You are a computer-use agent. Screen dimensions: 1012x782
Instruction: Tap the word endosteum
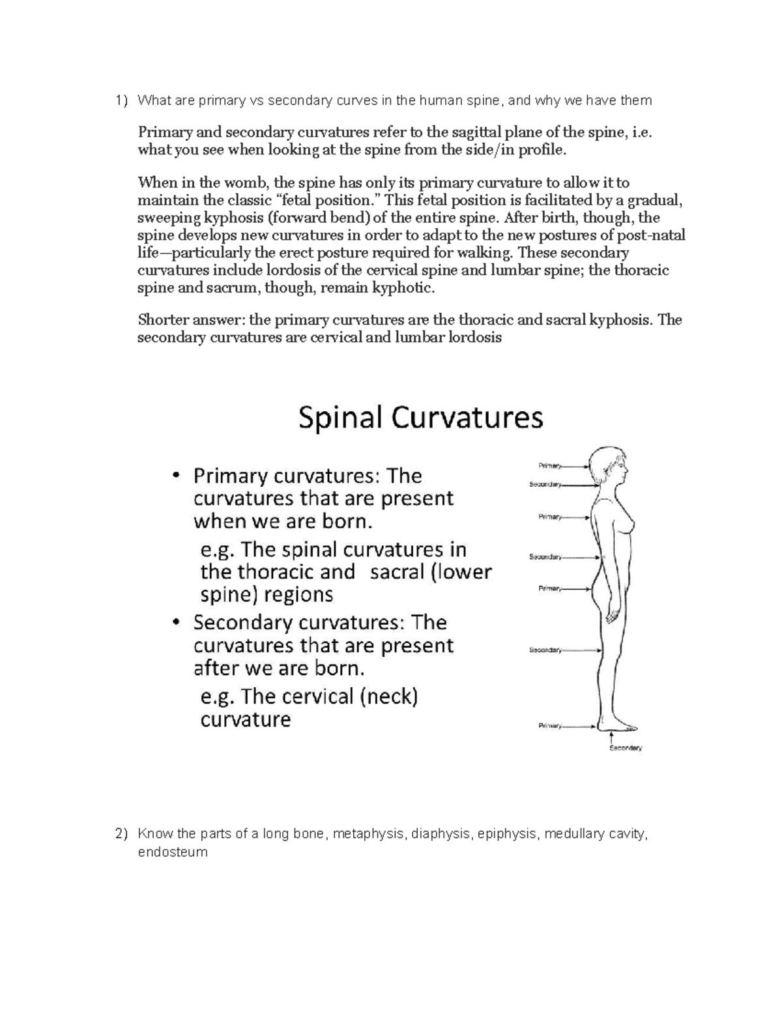(x=173, y=852)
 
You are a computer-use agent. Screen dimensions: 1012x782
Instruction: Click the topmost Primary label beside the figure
(x=549, y=465)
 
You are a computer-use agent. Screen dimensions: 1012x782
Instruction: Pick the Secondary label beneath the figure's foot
(x=626, y=748)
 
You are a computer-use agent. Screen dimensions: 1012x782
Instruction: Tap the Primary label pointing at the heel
(x=549, y=725)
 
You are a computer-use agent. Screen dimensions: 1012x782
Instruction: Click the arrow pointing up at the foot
(x=611, y=736)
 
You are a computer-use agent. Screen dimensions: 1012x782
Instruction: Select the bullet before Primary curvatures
(x=175, y=477)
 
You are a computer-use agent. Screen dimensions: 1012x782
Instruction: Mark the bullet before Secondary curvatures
(x=175, y=623)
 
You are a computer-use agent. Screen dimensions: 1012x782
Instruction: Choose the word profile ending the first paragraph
(x=536, y=150)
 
